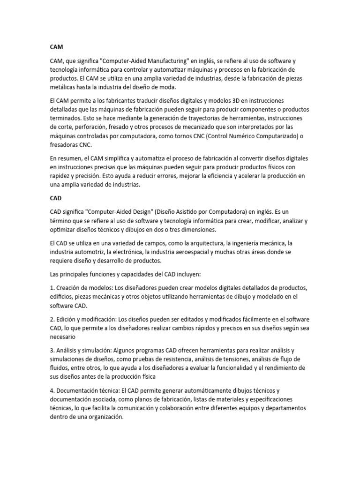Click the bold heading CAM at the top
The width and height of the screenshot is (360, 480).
point(56,47)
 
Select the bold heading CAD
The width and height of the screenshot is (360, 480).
point(56,198)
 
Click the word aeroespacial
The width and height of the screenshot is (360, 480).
point(191,252)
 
